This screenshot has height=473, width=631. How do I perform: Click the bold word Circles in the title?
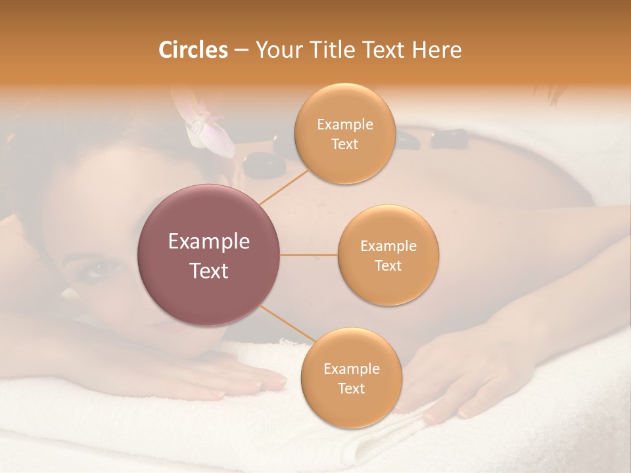[x=193, y=50]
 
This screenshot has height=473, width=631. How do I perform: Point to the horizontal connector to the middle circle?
[x=309, y=255]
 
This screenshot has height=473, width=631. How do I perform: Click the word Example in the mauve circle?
[x=209, y=242]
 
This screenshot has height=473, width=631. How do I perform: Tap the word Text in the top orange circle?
[x=344, y=145]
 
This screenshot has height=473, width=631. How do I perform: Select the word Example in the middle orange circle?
[x=388, y=246]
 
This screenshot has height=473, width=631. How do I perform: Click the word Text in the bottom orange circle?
[x=351, y=389]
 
